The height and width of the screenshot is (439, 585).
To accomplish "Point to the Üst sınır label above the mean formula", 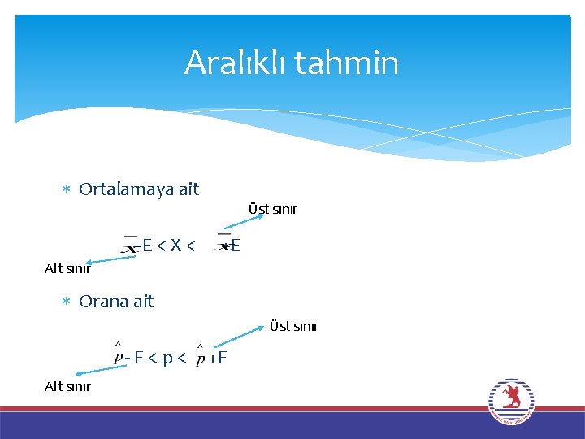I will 272,210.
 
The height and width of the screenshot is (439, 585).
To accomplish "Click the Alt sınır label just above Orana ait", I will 67,269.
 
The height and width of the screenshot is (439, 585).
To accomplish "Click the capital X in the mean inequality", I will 175,245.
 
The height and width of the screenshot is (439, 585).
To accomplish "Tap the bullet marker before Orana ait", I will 67,302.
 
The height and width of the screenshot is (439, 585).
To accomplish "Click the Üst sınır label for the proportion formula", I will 293,327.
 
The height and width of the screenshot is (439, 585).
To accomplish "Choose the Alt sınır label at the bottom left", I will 67,386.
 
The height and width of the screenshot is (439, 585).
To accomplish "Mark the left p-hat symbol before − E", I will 119,355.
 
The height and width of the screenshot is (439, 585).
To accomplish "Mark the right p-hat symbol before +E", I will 200,355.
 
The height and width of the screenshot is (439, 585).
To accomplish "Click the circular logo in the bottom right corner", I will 510,400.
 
